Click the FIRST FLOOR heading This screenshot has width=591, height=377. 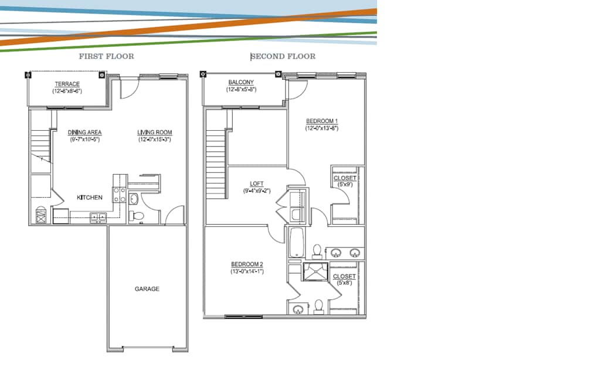coord(106,57)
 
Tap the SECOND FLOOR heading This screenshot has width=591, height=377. coord(283,57)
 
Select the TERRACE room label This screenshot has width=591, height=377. coord(67,84)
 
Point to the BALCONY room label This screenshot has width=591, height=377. coord(241,82)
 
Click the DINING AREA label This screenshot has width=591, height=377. coord(84,133)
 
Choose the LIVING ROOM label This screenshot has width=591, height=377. coord(155,133)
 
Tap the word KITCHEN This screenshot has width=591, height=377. coord(90,198)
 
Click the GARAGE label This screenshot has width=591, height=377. coord(147,289)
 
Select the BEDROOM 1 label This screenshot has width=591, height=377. coord(322,121)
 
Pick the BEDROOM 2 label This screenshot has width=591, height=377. coord(247,264)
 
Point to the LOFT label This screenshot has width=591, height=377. coord(257,184)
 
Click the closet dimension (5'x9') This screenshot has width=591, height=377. coord(344,185)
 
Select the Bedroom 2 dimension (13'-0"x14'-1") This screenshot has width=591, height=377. coord(247,271)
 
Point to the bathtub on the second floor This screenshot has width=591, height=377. coord(295,242)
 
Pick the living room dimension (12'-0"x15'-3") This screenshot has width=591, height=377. coord(155,140)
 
